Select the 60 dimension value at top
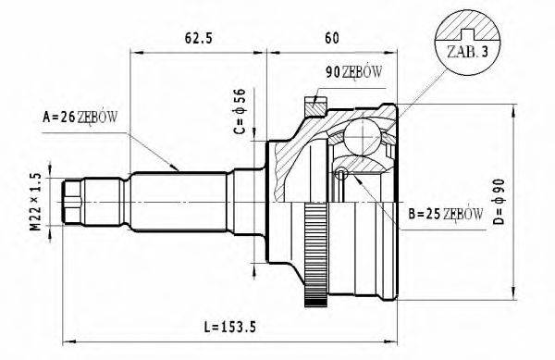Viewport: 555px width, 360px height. pyautogui.click(x=331, y=39)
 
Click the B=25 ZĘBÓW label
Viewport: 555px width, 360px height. pyautogui.click(x=443, y=213)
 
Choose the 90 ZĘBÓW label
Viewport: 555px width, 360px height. pyautogui.click(x=353, y=72)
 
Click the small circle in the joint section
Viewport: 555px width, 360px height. pyautogui.click(x=340, y=173)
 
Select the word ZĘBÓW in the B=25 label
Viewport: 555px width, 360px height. pyautogui.click(x=462, y=213)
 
